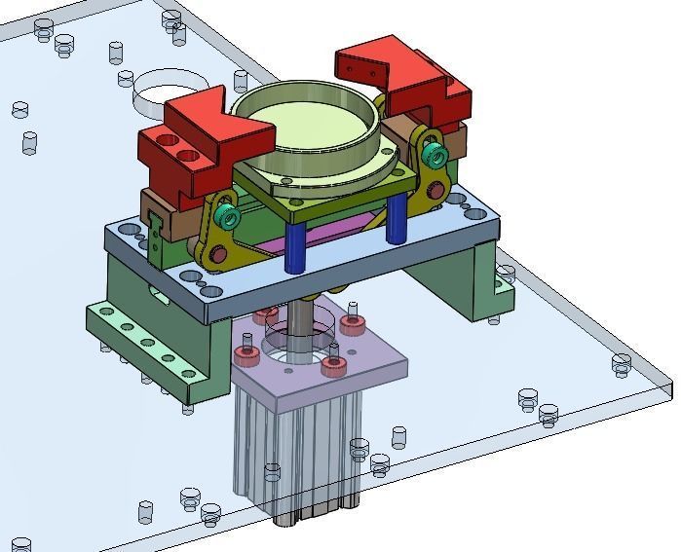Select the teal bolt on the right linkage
(436, 156)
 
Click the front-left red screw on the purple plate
(246, 355)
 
